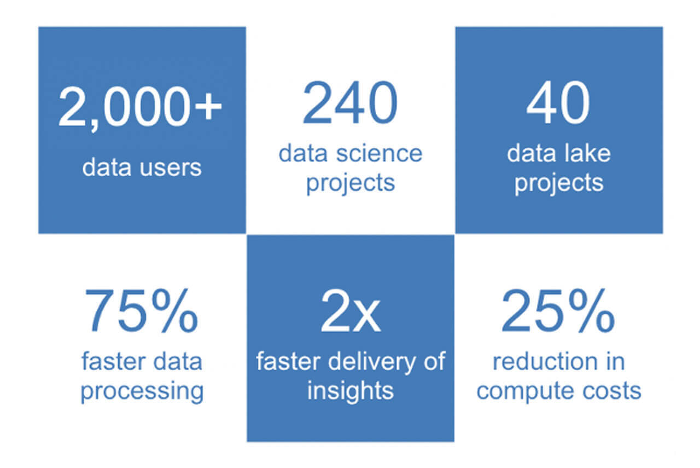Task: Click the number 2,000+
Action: [140, 108]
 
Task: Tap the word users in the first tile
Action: [171, 167]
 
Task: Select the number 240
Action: [350, 102]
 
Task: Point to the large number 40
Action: [558, 102]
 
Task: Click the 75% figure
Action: [141, 311]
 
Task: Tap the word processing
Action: [142, 391]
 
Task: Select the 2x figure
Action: [351, 311]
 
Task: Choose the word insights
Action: [351, 391]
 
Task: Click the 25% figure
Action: [558, 311]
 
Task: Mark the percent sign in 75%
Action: [174, 311]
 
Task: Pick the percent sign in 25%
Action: [592, 311]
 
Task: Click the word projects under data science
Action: [351, 183]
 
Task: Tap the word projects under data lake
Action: [559, 183]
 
